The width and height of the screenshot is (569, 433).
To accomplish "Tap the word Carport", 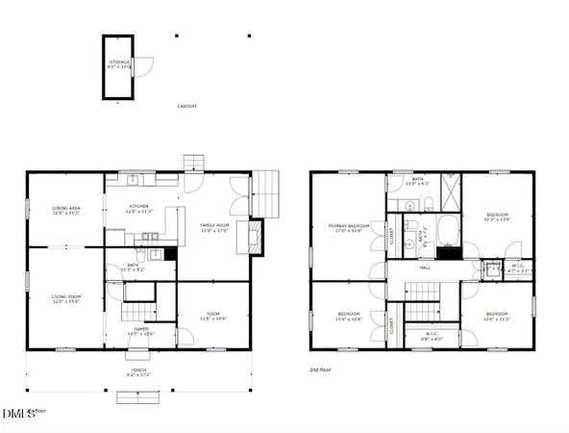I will point(187,106).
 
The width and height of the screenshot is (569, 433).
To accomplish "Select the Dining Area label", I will point(65,211).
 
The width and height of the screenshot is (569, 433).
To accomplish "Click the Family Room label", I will point(213,227).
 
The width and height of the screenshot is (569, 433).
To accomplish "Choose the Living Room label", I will point(65,299).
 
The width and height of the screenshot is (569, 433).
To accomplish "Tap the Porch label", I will point(139,371).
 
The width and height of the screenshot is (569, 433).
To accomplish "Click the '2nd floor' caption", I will point(322,369).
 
